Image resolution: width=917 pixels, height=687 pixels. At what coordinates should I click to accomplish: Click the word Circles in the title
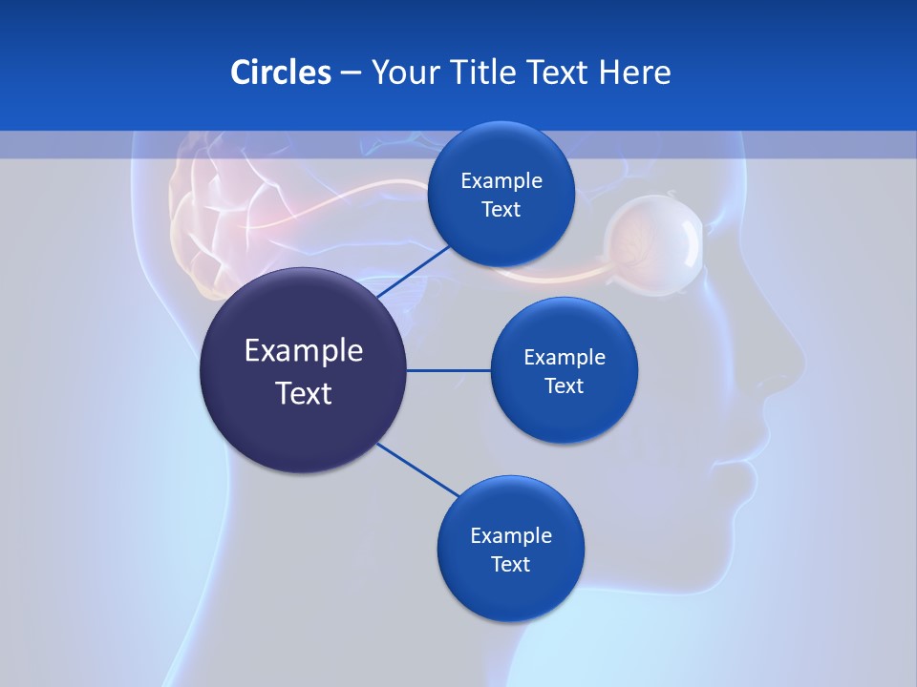(280, 72)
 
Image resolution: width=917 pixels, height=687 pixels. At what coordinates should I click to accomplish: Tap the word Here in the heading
(634, 72)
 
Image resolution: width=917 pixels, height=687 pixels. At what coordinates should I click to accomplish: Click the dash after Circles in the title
(351, 73)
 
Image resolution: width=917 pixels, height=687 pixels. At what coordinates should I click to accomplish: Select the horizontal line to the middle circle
(448, 370)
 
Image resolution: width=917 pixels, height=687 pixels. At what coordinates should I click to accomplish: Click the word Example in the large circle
(303, 350)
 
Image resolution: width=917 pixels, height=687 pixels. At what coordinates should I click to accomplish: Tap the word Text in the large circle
(303, 392)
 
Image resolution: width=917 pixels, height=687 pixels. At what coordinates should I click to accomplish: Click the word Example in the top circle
(501, 180)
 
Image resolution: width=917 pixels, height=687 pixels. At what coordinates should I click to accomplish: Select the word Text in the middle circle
(564, 385)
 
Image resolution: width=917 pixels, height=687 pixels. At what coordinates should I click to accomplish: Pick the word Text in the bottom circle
(510, 564)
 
